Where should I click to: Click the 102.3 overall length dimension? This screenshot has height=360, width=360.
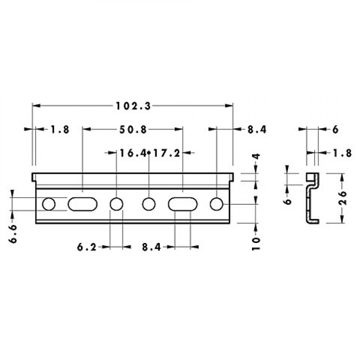133,106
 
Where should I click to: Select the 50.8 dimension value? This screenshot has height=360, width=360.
133,130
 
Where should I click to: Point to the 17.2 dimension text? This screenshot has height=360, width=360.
166,153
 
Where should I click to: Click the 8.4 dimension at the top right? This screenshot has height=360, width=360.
257,130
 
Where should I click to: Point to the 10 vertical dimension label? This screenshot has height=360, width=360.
256,243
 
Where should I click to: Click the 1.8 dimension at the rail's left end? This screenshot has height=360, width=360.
60,130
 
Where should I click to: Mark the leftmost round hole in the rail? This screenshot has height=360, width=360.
49,204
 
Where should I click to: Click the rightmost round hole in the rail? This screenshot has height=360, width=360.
216,204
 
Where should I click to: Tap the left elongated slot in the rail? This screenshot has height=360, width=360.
82,204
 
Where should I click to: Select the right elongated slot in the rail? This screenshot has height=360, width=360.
183,204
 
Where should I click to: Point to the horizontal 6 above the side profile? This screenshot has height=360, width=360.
335,130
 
